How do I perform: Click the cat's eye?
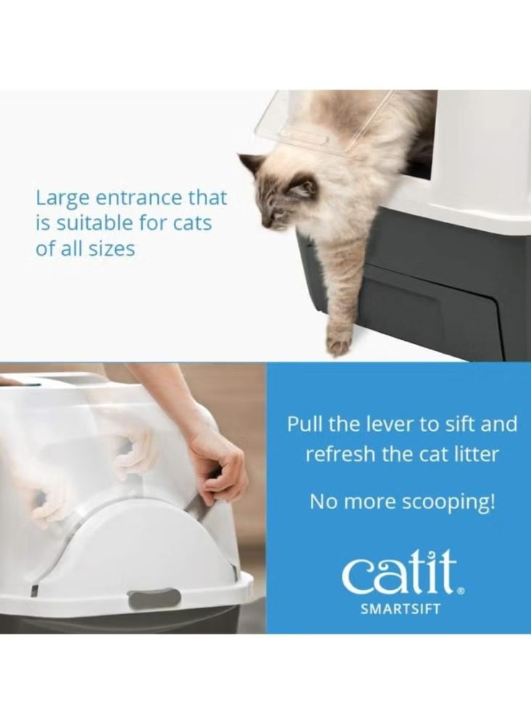point(279,210)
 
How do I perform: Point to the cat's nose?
point(265,223)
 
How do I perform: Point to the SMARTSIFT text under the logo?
point(400,608)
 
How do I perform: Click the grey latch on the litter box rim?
point(154,597)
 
